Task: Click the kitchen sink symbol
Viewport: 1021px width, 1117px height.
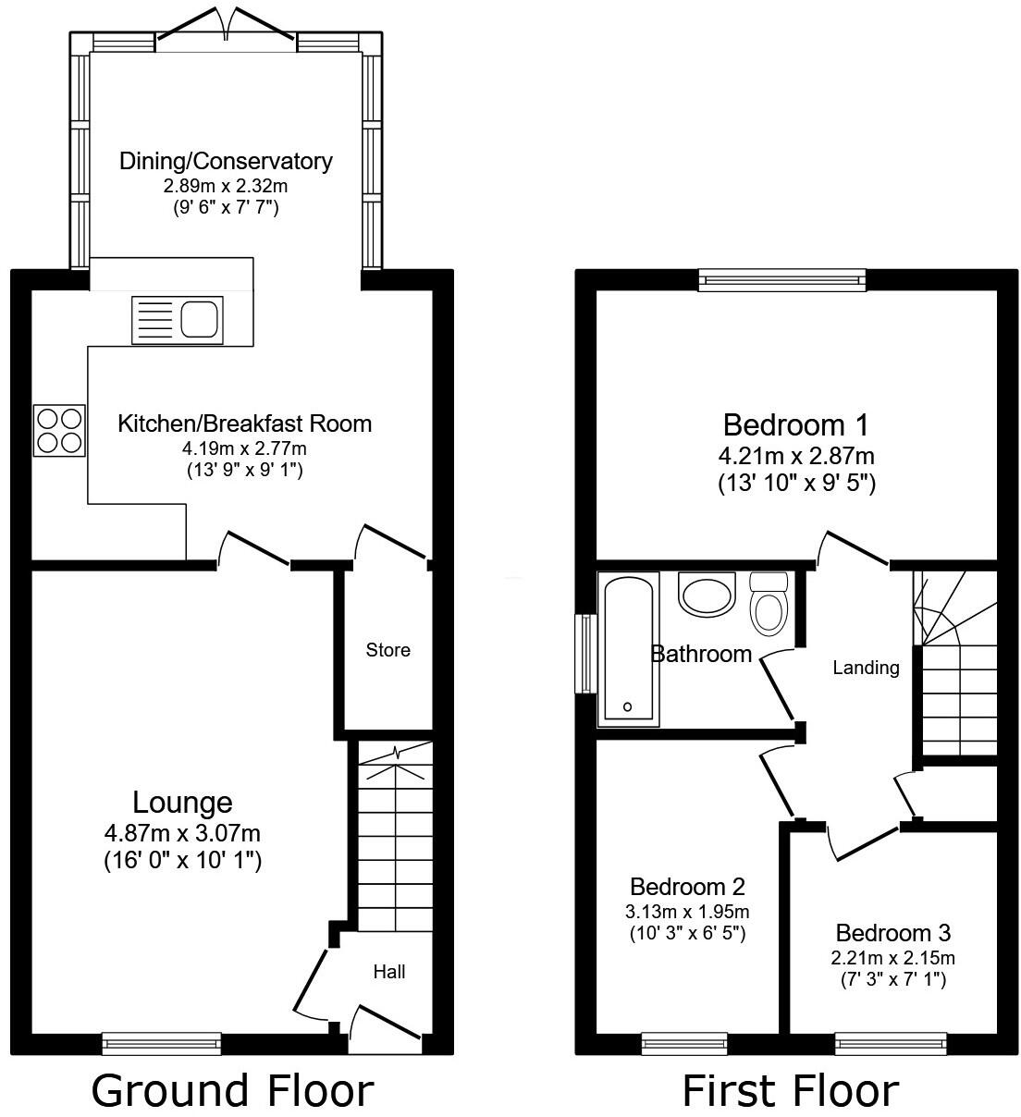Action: click(178, 318)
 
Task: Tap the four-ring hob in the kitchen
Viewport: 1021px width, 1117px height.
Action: click(59, 431)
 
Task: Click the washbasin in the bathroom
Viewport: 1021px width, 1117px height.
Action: click(706, 595)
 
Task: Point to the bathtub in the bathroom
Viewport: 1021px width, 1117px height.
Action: click(628, 647)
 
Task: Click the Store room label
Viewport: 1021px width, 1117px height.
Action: click(387, 650)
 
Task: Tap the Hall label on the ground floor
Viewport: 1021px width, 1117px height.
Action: click(389, 972)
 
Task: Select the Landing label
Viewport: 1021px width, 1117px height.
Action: click(866, 667)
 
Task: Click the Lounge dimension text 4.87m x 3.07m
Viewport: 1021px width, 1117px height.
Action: click(182, 833)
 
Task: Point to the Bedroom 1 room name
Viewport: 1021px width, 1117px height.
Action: click(796, 425)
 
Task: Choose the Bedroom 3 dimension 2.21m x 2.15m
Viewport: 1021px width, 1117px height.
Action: click(892, 958)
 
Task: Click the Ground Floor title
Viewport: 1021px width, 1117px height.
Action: click(232, 1090)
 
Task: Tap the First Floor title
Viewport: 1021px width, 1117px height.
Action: click(790, 1090)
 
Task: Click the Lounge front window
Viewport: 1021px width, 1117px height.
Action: click(162, 1044)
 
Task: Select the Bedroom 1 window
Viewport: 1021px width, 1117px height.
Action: click(781, 279)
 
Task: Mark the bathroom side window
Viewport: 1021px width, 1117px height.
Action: click(585, 654)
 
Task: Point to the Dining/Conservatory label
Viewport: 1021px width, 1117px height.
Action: click(226, 161)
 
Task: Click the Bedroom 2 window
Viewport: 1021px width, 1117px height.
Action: click(683, 1044)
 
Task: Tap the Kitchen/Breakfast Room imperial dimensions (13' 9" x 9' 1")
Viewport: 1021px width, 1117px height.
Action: click(244, 470)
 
